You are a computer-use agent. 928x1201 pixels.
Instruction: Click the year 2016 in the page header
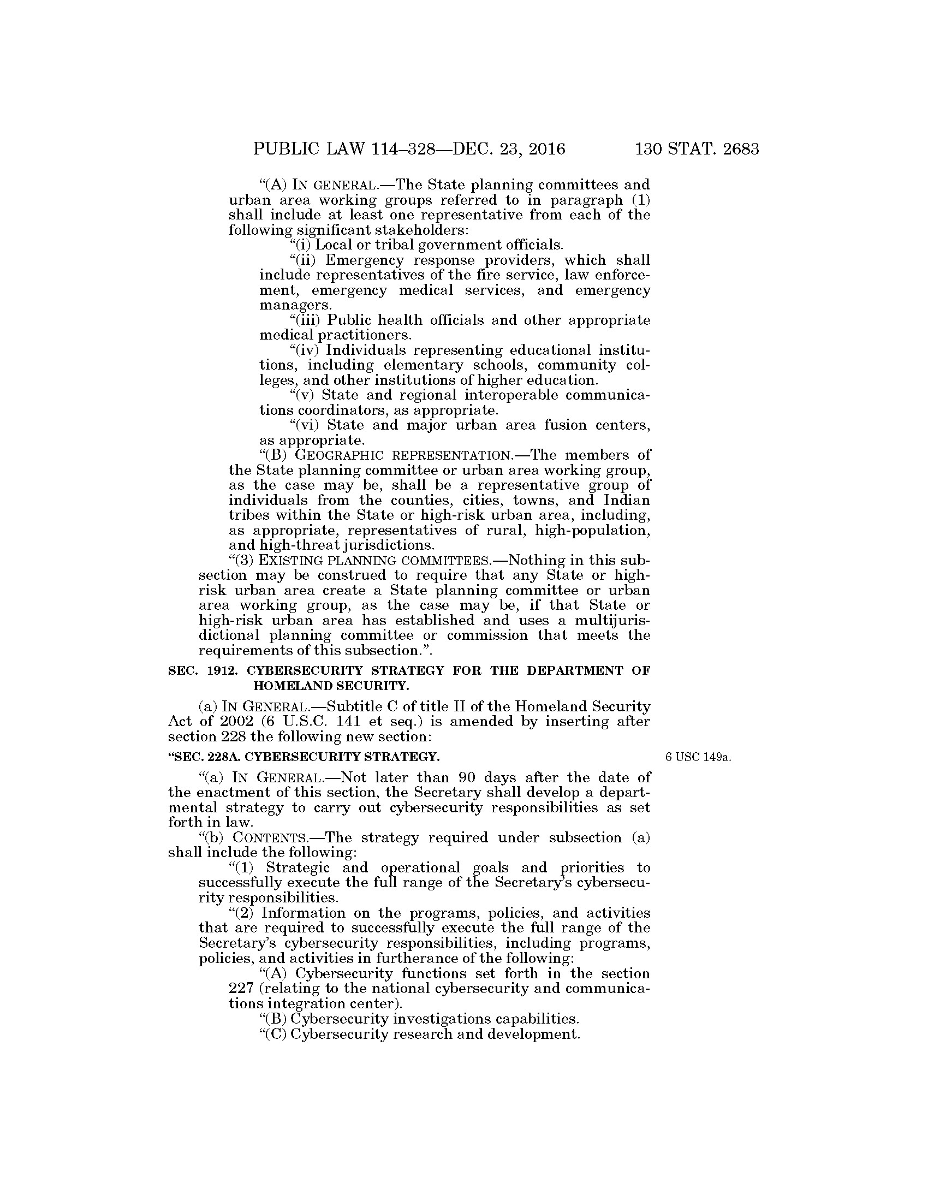coord(544,150)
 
